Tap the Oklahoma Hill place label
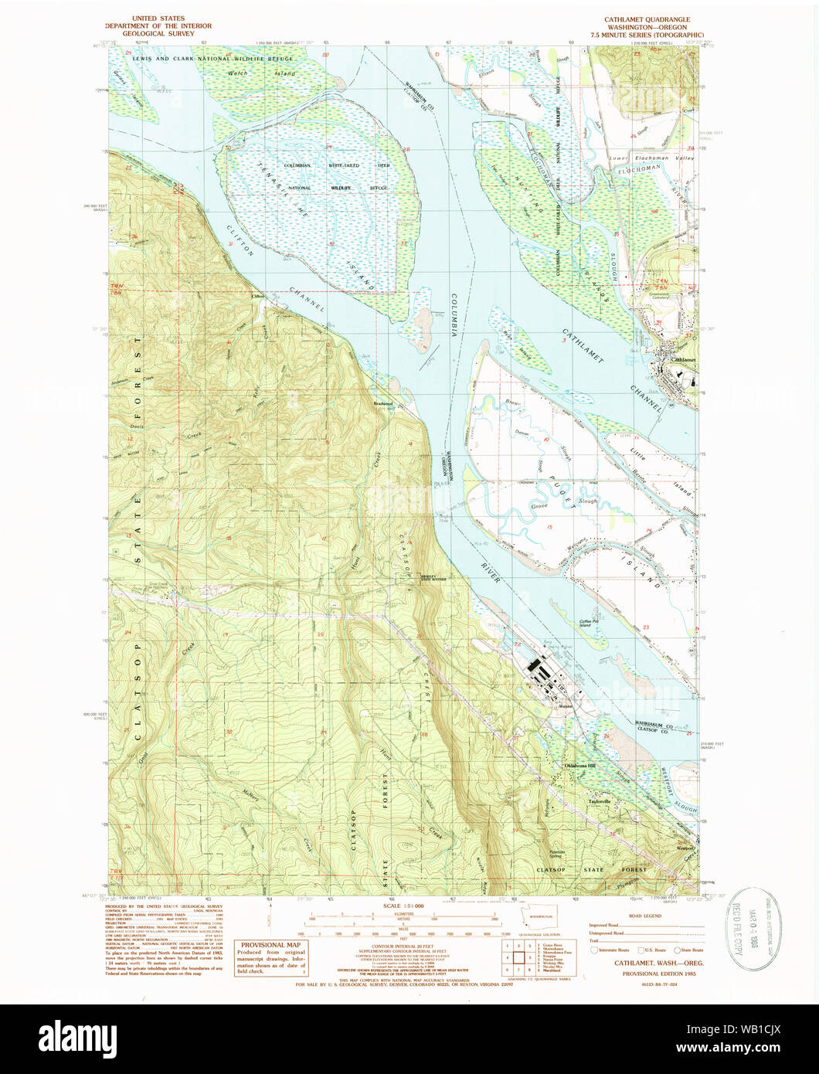click(x=576, y=766)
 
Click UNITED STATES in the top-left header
click(x=159, y=16)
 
